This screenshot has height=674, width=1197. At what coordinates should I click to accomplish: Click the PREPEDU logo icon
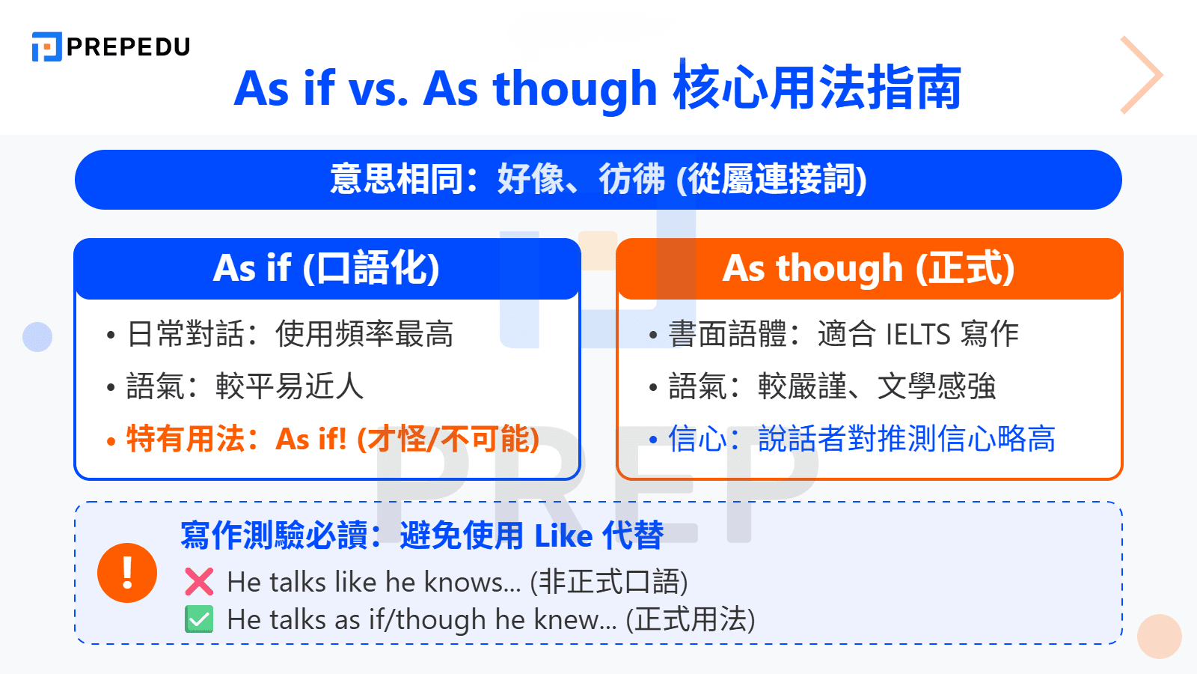[46, 46]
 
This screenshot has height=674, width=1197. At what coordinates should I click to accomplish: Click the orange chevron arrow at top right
[1142, 75]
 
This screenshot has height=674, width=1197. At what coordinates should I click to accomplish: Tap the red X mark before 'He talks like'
[199, 582]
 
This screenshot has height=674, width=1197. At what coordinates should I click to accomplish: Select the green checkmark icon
[199, 619]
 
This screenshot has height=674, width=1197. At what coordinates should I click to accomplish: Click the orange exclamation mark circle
[127, 573]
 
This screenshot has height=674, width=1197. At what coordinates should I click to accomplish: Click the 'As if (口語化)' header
[327, 268]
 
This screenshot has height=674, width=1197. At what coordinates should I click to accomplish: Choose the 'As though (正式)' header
[869, 268]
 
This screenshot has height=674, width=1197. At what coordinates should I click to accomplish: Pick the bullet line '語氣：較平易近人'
[245, 386]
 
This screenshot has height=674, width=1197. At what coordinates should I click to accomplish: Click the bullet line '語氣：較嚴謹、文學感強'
[831, 386]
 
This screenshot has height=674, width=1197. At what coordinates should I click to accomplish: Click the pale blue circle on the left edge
[37, 337]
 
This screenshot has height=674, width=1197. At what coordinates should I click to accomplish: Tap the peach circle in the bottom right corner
[1159, 637]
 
